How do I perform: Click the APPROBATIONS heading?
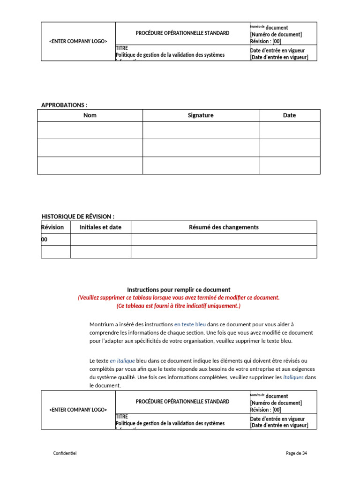pyautogui.click(x=64, y=105)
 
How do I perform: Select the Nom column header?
pyautogui.click(x=90, y=115)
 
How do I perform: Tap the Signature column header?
pyautogui.click(x=201, y=115)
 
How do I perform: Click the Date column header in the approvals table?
pyautogui.click(x=289, y=115)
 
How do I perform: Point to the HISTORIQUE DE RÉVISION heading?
pyautogui.click(x=78, y=216)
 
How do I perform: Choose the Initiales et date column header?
pyautogui.click(x=100, y=227)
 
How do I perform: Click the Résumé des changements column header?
pyautogui.click(x=224, y=227)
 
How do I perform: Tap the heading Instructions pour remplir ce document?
pyautogui.click(x=179, y=290)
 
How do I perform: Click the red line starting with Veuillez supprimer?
pyautogui.click(x=179, y=298)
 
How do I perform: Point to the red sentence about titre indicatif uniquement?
pyautogui.click(x=179, y=306)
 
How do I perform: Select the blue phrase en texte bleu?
pyautogui.click(x=190, y=324)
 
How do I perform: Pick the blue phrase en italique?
pyautogui.click(x=122, y=360)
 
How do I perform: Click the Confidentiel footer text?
pyautogui.click(x=65, y=453)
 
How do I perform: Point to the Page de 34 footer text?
pyautogui.click(x=296, y=453)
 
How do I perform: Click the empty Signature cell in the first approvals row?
pyautogui.click(x=201, y=130)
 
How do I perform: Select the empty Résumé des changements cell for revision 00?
pyautogui.click(x=224, y=240)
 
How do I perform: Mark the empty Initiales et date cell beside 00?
pyautogui.click(x=100, y=240)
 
